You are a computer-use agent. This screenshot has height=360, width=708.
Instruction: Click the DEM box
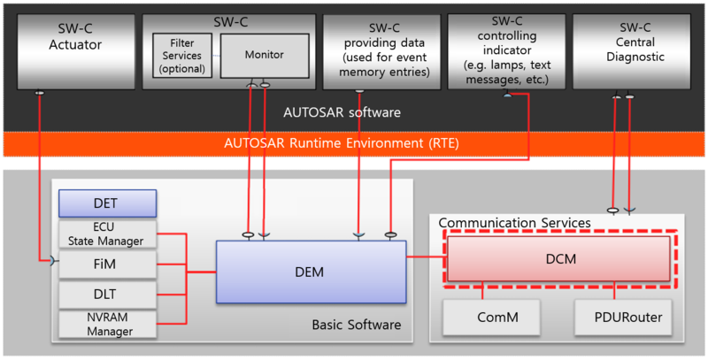311,272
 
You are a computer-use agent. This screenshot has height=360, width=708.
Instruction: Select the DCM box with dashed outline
558,258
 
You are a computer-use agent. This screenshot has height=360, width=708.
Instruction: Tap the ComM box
482,316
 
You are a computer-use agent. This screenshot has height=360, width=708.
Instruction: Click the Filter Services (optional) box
181,56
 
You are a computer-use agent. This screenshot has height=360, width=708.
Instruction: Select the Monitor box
264,55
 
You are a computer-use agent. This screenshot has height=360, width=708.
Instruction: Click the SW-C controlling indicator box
505,49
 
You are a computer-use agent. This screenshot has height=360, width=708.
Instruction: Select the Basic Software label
356,326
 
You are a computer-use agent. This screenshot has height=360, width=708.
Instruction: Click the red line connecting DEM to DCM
427,258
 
